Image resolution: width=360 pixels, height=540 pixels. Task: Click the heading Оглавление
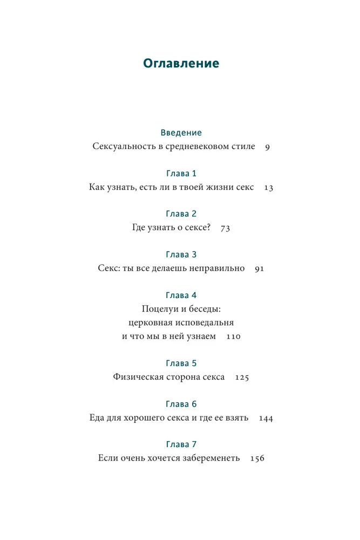(x=181, y=63)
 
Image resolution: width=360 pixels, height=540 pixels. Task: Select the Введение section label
(x=181, y=132)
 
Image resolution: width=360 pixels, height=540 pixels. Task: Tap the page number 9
(x=267, y=147)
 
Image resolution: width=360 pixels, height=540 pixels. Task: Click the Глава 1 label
(x=181, y=173)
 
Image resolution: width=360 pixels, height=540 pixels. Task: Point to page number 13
(x=269, y=188)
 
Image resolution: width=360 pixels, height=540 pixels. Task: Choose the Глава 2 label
(x=181, y=214)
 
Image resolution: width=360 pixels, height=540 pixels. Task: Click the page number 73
(x=225, y=228)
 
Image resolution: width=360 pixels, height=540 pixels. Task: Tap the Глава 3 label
(x=181, y=254)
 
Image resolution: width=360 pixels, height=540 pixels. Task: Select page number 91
(x=259, y=269)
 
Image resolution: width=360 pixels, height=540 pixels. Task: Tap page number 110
(x=233, y=337)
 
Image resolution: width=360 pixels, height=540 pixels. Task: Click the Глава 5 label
(x=181, y=363)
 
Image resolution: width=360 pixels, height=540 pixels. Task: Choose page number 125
(x=242, y=378)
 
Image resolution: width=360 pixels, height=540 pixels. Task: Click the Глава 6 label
(x=181, y=404)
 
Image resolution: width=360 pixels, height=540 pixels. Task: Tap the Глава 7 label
(x=181, y=444)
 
